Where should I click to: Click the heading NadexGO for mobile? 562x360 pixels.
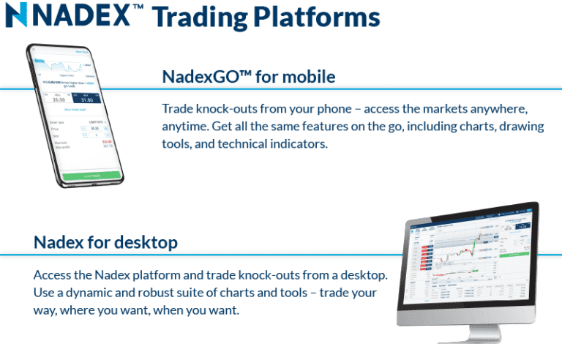(x=248, y=76)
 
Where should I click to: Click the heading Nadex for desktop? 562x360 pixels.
(x=105, y=241)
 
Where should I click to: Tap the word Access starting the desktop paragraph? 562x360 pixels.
(x=53, y=275)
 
